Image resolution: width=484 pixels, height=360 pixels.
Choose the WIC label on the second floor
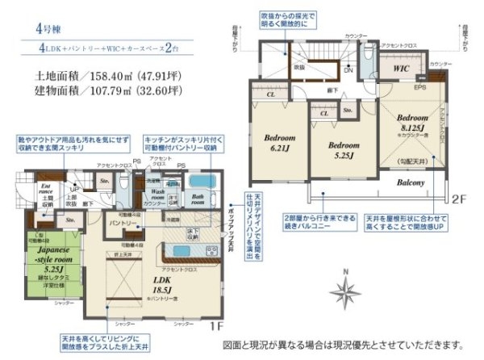point(401,69)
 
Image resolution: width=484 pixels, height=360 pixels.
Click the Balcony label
point(411,183)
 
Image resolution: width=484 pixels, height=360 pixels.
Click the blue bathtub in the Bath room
point(201,181)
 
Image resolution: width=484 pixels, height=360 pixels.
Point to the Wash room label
point(158,196)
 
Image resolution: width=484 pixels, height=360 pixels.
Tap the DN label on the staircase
point(348,71)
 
